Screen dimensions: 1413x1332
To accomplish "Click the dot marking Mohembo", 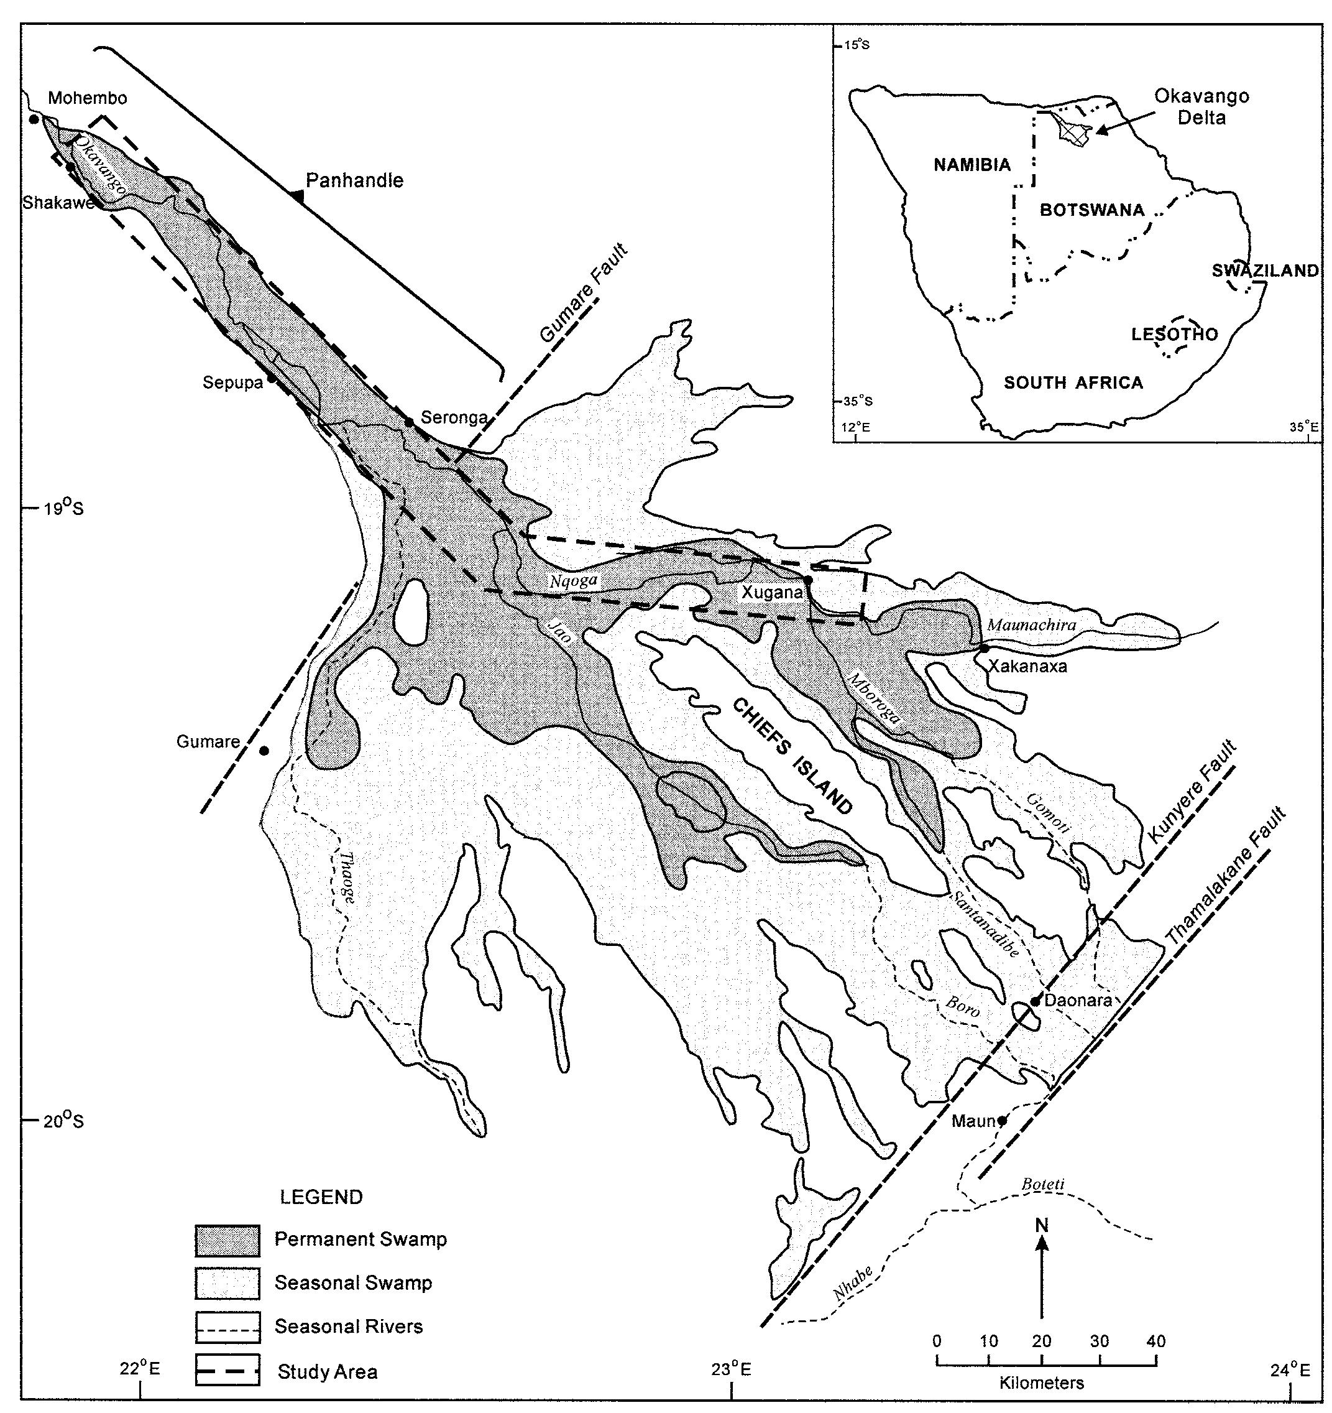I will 34,119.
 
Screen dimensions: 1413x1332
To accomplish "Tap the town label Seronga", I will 454,417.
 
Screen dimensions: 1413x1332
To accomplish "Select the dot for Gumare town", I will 264,751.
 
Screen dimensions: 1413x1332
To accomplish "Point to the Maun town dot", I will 1003,1121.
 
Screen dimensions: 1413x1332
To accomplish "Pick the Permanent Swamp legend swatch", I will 227,1241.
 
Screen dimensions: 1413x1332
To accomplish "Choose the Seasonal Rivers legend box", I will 227,1327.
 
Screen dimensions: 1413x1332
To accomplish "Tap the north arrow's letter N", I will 1042,1225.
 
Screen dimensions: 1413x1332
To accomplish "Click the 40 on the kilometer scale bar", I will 1156,1341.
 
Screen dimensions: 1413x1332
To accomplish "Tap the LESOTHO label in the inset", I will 1174,334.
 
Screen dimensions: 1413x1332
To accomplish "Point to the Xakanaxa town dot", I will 985,648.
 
